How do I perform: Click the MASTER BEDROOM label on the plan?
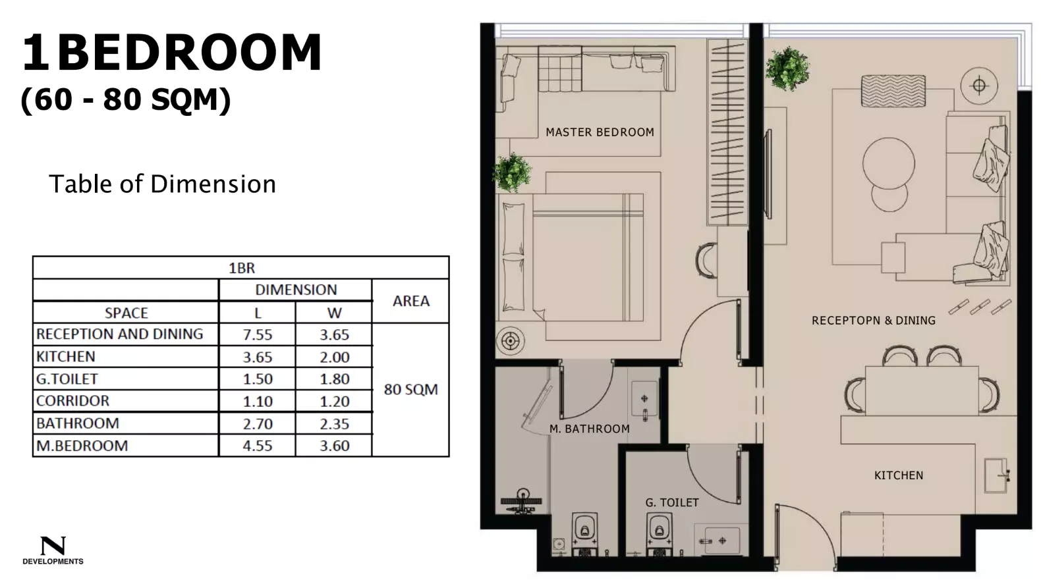pos(600,132)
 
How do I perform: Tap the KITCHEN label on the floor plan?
pos(898,475)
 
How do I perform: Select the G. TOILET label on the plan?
pos(671,502)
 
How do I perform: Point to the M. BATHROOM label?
pos(589,429)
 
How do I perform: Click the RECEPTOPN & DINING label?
pos(873,321)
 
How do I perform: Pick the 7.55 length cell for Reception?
pos(257,334)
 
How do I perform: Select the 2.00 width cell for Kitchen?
pos(334,357)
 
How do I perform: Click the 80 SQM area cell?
pos(410,389)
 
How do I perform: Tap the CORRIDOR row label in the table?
pos(72,401)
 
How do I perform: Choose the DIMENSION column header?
pos(296,290)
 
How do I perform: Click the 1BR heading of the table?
pos(241,268)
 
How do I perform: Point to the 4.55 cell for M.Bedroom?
pos(257,446)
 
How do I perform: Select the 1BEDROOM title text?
pos(171,53)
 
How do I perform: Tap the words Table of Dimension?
pos(162,184)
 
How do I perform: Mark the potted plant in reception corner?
pos(788,68)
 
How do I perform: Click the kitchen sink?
pos(996,475)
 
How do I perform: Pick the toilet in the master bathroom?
pos(584,531)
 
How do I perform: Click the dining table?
pos(920,390)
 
